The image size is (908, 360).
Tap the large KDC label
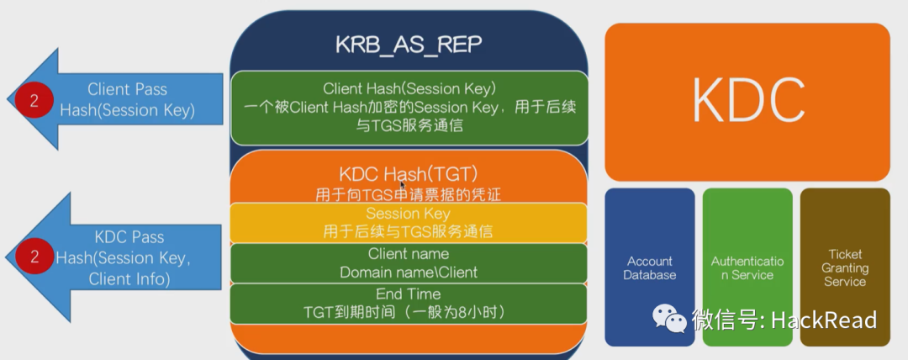pos(747,100)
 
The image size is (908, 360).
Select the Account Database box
pos(650,267)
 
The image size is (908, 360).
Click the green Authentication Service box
pos(747,267)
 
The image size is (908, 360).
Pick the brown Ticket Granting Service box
pos(844,267)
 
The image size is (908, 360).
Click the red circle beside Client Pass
pos(34,100)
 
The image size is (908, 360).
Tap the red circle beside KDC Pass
pos(34,257)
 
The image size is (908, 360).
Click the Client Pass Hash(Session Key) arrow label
pos(127,99)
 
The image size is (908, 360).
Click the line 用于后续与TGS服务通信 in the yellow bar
pos(408,231)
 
